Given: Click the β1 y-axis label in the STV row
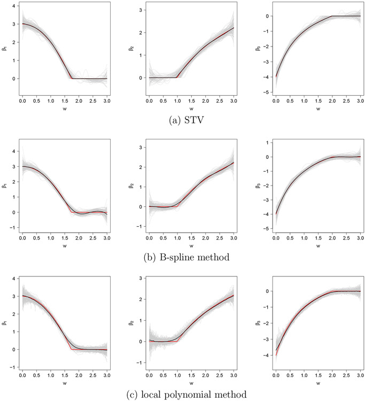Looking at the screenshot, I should [5, 54].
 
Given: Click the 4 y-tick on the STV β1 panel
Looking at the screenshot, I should [12, 9].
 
